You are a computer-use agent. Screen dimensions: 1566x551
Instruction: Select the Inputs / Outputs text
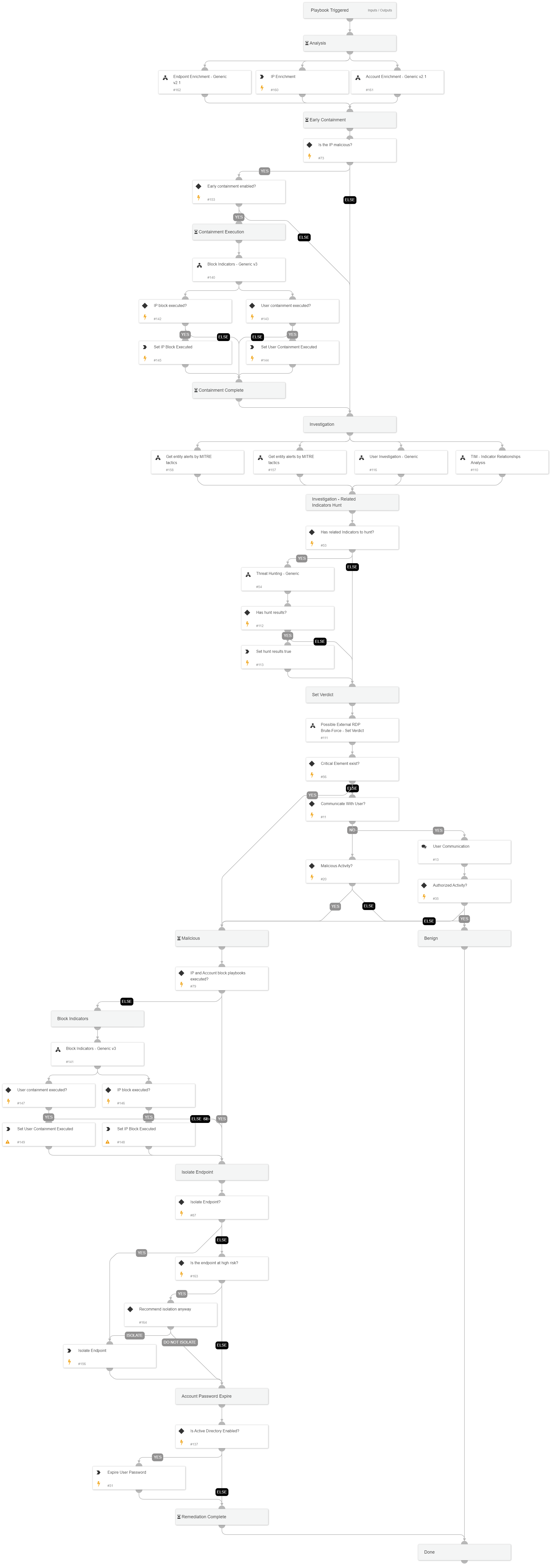(380, 10)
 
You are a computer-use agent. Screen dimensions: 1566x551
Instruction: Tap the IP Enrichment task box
(302, 82)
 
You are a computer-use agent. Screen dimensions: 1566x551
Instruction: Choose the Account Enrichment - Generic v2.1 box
(397, 82)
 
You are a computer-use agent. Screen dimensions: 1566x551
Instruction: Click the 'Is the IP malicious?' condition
(350, 150)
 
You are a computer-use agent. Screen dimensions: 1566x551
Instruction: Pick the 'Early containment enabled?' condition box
(238, 191)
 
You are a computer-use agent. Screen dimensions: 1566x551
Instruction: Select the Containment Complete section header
(238, 390)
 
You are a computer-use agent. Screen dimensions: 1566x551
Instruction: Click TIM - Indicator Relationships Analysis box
(502, 462)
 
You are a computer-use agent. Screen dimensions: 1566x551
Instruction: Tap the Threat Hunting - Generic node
(288, 579)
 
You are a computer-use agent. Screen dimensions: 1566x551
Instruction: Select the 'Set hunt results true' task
(288, 656)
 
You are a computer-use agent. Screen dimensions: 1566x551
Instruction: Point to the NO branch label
(352, 830)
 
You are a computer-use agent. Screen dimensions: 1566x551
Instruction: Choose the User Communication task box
(464, 852)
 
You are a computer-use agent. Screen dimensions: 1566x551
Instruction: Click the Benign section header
(464, 938)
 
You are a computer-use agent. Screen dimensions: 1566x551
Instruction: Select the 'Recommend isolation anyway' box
(170, 1314)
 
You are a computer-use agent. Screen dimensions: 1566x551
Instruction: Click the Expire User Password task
(139, 1478)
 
